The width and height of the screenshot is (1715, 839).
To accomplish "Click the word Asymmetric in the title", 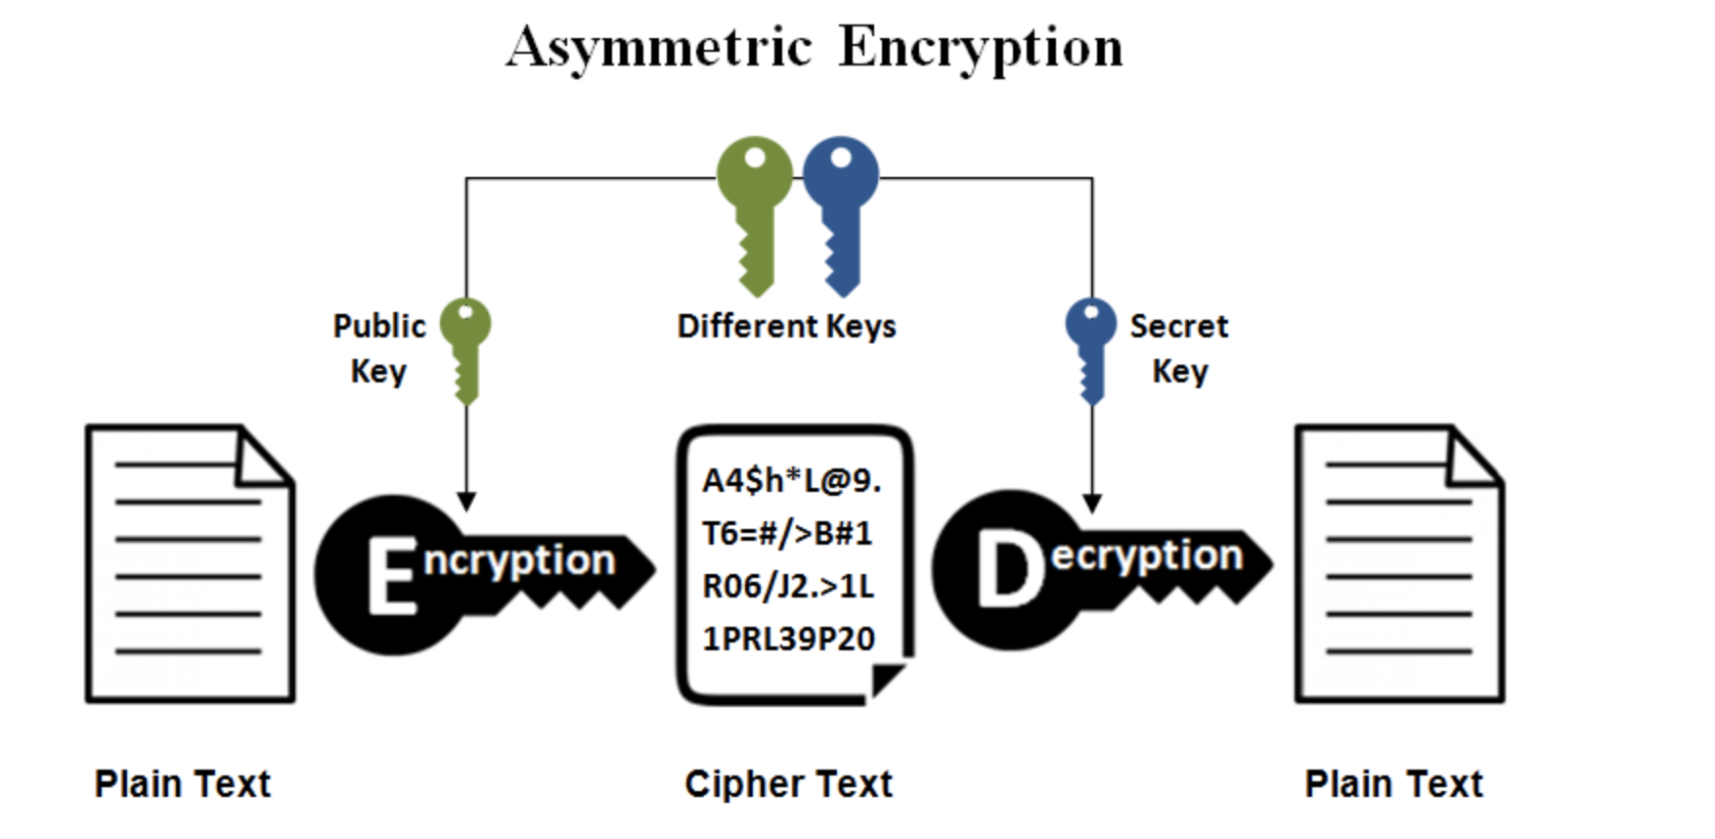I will [x=659, y=47].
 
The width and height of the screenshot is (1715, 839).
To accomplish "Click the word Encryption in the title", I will [x=981, y=47].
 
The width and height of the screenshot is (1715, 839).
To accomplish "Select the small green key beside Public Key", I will [x=465, y=348].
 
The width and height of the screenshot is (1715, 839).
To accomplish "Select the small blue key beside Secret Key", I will [x=1090, y=348].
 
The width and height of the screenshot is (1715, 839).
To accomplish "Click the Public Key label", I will [x=379, y=348].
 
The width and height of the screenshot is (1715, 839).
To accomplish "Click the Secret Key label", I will [x=1179, y=348].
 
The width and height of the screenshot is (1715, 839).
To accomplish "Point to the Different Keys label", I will [x=786, y=326].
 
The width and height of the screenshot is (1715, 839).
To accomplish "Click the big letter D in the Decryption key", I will [x=1008, y=571].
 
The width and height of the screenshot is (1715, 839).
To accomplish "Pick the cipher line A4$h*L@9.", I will [x=791, y=480].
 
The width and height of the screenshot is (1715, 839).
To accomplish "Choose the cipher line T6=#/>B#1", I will [x=787, y=533].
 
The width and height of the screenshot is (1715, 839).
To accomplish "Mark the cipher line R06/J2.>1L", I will [x=788, y=586].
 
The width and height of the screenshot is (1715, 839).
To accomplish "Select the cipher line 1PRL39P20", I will [x=788, y=639].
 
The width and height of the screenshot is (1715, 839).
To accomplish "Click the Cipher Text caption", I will [x=788, y=783].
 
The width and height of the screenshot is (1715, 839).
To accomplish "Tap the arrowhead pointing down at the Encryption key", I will [x=466, y=502].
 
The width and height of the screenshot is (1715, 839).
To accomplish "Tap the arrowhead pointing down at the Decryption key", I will [x=1092, y=504].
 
